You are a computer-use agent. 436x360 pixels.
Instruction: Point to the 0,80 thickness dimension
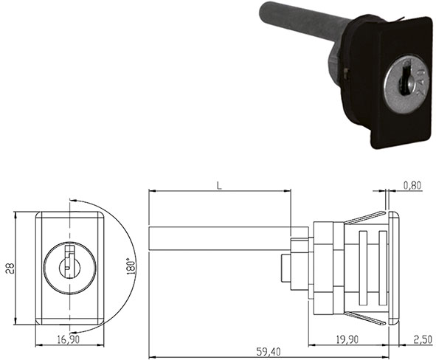pos(412,186)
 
